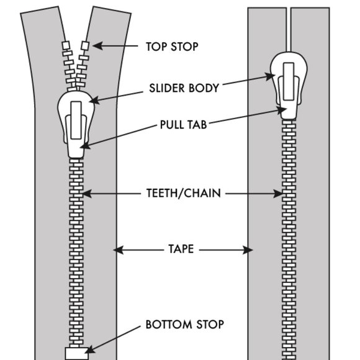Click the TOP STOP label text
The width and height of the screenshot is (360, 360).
pyautogui.click(x=172, y=47)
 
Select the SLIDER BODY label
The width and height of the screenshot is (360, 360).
pyautogui.click(x=184, y=88)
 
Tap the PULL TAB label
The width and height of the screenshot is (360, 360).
pyautogui.click(x=184, y=125)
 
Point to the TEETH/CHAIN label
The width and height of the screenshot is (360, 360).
pyautogui.click(x=184, y=193)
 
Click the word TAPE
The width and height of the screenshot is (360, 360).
pyautogui.click(x=181, y=249)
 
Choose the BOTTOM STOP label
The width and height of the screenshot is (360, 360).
pyautogui.click(x=185, y=325)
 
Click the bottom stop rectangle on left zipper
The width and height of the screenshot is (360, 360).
pyautogui.click(x=77, y=354)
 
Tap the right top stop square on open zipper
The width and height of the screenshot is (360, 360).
pyautogui.click(x=85, y=46)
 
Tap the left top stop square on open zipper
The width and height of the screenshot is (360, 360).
pyautogui.click(x=66, y=45)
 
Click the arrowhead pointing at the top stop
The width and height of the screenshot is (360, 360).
pyautogui.click(x=97, y=46)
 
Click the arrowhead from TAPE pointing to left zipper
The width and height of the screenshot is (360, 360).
pyautogui.click(x=118, y=250)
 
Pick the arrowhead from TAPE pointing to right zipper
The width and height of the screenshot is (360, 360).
pyautogui.click(x=248, y=250)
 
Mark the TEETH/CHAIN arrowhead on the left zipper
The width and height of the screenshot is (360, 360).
pyautogui.click(x=87, y=194)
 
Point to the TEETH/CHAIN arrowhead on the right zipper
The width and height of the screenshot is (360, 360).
pyautogui.click(x=278, y=194)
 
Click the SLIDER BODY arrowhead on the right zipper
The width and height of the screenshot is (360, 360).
pyautogui.click(x=270, y=77)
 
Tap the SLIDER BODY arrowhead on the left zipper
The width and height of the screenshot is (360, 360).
pyautogui.click(x=94, y=101)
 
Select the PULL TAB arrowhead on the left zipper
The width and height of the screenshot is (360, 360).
pyautogui.click(x=85, y=145)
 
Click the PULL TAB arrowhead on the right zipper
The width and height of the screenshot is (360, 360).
pyautogui.click(x=281, y=110)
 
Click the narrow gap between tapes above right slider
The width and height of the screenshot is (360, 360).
pyautogui.click(x=289, y=30)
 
